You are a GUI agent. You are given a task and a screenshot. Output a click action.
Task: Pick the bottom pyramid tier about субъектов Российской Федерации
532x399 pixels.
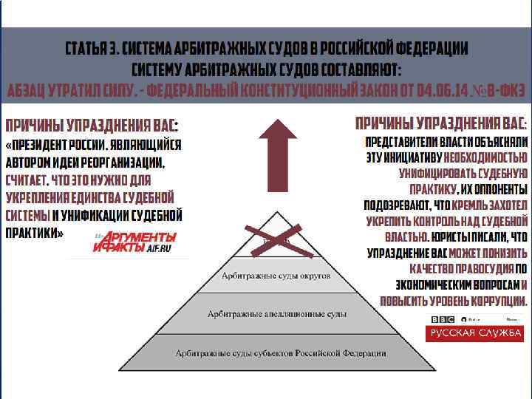click(x=280, y=353)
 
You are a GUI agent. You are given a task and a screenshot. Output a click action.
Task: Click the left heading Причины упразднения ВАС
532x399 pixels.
click(x=92, y=124)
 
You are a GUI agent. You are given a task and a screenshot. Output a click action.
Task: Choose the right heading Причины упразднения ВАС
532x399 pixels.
click(x=441, y=123)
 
